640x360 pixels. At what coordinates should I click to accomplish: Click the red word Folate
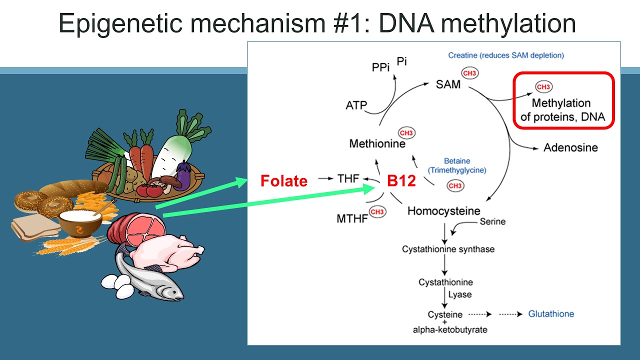coord(283,180)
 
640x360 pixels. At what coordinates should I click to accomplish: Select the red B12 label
coord(401,180)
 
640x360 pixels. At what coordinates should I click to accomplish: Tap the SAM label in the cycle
coord(448,84)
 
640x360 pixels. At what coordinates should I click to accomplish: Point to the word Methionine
coord(377,144)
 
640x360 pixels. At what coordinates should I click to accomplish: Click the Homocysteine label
coord(443,211)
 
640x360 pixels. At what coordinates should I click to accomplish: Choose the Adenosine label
coord(570,147)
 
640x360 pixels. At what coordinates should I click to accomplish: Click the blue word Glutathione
coord(551,314)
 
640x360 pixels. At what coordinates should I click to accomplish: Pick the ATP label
coord(356,105)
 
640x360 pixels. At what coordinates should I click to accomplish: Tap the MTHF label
coord(352,218)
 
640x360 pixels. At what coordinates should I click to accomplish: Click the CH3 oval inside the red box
coord(543,87)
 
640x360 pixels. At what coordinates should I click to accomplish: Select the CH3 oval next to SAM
coord(470,73)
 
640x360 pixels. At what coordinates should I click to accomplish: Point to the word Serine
coord(492,221)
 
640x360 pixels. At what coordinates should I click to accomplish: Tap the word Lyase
coord(459,294)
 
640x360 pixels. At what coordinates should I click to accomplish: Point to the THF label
coord(348,178)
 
